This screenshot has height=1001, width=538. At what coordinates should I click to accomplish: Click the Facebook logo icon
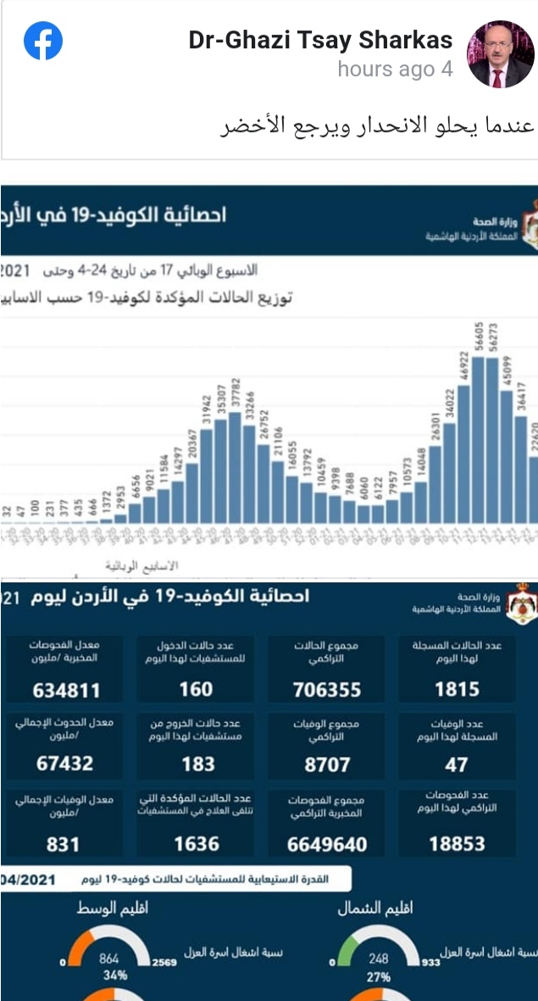pos(42,42)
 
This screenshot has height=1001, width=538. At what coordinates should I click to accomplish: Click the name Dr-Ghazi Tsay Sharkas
pos(320,40)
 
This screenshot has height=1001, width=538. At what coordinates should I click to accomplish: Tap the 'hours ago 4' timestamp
pos(395,70)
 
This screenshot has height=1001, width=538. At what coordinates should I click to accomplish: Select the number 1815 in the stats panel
pos(457,689)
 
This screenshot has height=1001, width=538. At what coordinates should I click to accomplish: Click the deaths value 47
pos(457,765)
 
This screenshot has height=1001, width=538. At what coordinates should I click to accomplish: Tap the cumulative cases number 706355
pos(327,689)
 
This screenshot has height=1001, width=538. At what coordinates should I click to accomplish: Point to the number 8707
pos(327,765)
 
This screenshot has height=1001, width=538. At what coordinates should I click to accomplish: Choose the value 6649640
pos(327,844)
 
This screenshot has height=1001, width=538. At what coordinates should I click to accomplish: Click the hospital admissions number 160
pos(197,689)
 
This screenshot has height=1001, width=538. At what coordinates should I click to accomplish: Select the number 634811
pos(66,689)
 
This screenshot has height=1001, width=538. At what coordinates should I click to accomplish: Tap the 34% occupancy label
pos(109,975)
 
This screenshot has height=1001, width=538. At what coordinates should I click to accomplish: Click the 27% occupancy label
pos(378,976)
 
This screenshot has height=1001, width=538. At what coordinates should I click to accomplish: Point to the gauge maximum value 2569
pos(164,963)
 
